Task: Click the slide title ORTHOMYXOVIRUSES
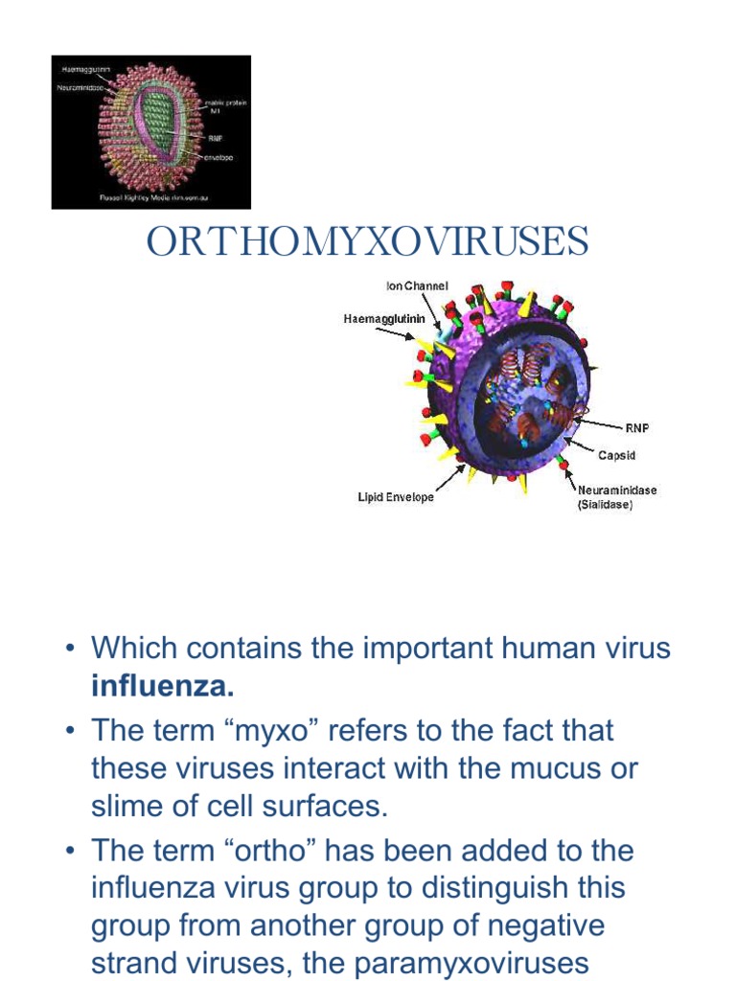368,242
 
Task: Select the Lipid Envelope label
396,497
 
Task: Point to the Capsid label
616,456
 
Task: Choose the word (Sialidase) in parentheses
605,504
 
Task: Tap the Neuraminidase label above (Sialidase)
617,490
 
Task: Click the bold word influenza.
162,686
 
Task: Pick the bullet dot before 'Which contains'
70,650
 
